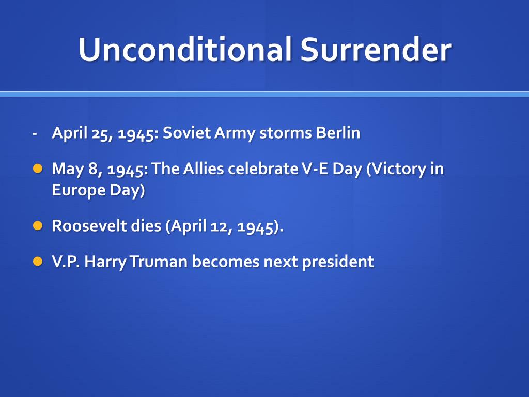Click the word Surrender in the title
pos(376,50)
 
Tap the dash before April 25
pos(35,133)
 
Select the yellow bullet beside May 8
pos(37,169)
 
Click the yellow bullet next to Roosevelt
pos(37,225)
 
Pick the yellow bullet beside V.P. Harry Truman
pos(37,261)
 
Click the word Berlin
pos(338,133)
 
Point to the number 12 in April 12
pos(220,226)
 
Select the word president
pos(338,262)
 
